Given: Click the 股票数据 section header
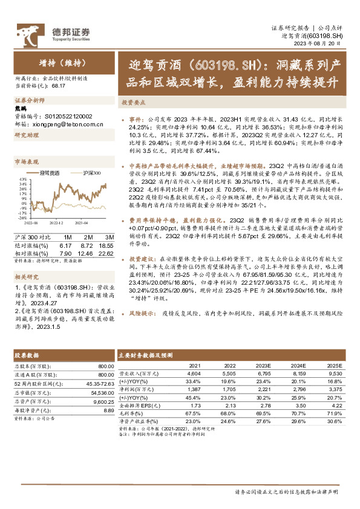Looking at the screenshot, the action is (x=26, y=355).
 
